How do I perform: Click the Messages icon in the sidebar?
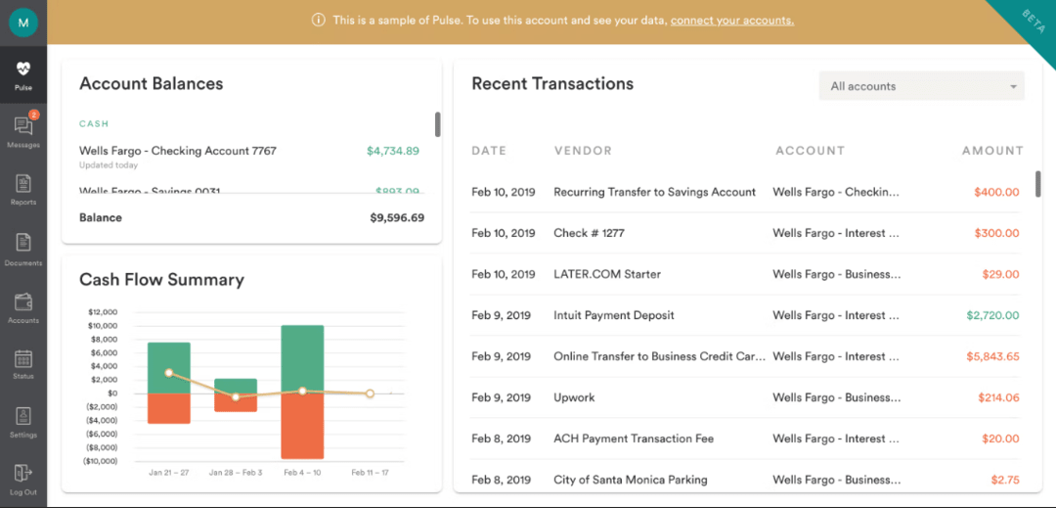point(23,126)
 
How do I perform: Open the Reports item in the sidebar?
point(23,184)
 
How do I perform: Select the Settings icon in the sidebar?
point(23,417)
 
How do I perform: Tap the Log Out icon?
point(23,475)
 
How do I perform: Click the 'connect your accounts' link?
point(731,21)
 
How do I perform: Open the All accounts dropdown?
point(921,86)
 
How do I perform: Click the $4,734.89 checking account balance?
point(392,151)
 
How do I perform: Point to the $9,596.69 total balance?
point(397,217)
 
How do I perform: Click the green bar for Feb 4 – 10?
point(302,358)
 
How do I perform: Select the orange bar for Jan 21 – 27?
point(168,408)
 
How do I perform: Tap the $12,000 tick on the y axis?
point(102,312)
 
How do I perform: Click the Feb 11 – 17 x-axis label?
point(370,473)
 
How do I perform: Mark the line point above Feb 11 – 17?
point(371,393)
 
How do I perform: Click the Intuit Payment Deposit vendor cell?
point(614,315)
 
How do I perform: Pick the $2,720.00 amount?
point(991,315)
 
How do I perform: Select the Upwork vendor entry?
point(574,397)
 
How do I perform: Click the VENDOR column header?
point(583,151)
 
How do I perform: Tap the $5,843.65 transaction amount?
point(991,356)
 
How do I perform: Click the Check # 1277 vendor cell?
point(589,233)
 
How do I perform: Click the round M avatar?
point(23,23)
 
